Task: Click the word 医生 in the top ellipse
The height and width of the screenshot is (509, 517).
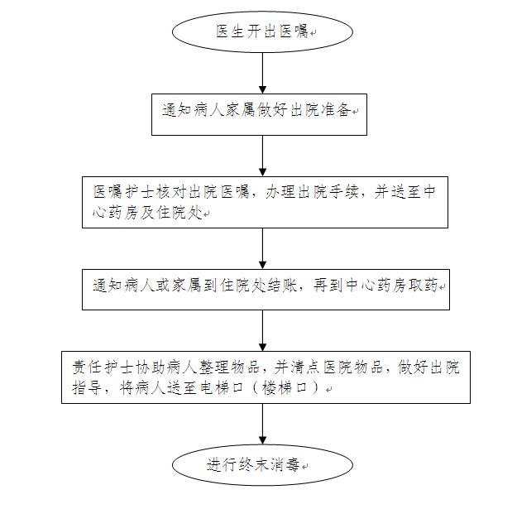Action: point(230,31)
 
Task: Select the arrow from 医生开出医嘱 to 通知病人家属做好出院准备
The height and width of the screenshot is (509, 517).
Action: point(262,73)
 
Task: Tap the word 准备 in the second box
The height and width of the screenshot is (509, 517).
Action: point(337,110)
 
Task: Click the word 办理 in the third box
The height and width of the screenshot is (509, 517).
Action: point(280,192)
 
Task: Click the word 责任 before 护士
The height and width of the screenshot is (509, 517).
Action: point(87,367)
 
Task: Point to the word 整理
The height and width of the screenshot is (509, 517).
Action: point(213,367)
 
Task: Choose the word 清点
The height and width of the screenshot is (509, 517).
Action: point(304,367)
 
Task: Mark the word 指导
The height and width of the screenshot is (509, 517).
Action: point(87,387)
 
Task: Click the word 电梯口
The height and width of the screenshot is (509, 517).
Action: point(222,387)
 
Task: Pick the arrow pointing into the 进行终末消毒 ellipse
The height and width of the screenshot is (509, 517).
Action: point(262,424)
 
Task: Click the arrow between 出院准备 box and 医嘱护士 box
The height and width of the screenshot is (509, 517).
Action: point(262,156)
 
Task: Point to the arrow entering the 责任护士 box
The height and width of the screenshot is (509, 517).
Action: point(262,330)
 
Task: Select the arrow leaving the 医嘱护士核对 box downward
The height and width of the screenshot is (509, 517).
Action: point(262,248)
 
